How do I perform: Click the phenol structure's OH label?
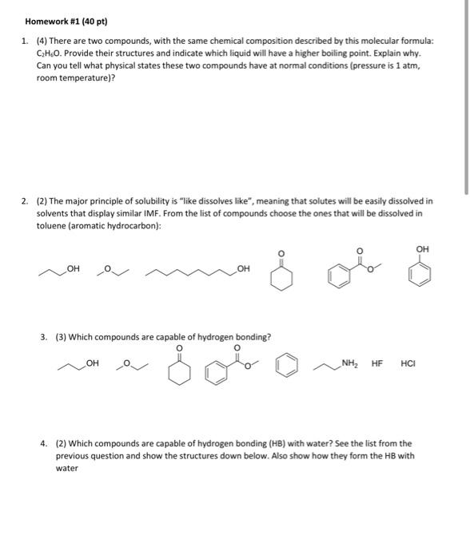[x=423, y=250]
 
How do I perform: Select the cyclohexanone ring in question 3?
[x=180, y=374]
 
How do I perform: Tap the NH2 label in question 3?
[x=349, y=364]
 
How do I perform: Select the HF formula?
[x=377, y=364]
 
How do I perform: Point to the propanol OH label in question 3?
[x=92, y=364]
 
